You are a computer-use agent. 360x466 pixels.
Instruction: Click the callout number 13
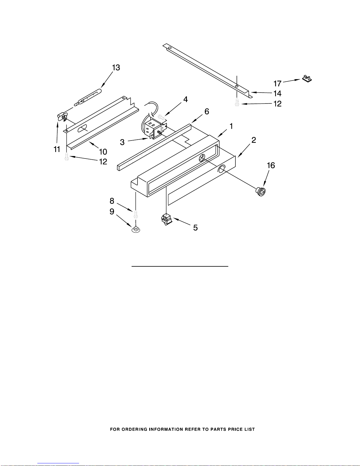click(x=116, y=68)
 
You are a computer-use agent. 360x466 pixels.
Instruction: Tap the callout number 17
click(x=277, y=83)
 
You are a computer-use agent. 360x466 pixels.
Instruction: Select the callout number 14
click(x=277, y=93)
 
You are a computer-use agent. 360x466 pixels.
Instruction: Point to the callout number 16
click(x=271, y=166)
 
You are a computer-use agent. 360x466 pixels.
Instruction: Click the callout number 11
click(x=57, y=149)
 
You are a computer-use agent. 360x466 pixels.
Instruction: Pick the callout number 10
click(x=103, y=152)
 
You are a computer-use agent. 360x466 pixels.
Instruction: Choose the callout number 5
click(x=195, y=228)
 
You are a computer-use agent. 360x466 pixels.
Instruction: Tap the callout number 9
click(x=112, y=212)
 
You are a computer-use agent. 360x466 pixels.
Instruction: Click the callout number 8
click(x=112, y=201)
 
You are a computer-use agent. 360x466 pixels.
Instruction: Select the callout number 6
click(x=207, y=111)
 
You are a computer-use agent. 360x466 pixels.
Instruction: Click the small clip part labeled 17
click(x=307, y=78)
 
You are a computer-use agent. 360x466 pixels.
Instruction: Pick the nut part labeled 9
click(x=136, y=229)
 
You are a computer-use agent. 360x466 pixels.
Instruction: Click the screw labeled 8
click(x=136, y=214)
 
